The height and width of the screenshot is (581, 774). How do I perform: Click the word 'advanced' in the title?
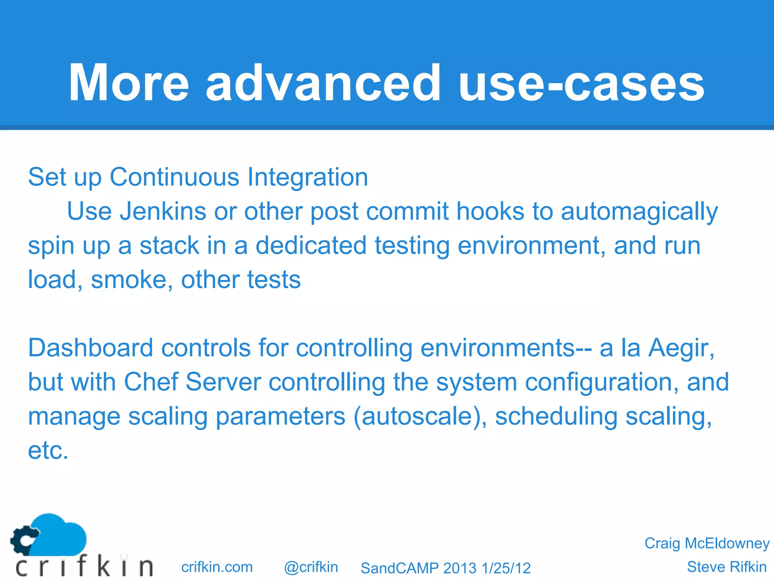(x=323, y=83)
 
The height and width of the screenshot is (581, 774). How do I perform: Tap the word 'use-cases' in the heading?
(x=581, y=83)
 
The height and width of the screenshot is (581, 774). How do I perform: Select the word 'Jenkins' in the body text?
(x=163, y=211)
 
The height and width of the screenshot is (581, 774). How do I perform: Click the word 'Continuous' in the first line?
(x=174, y=177)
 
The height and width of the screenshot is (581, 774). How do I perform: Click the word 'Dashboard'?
(x=90, y=348)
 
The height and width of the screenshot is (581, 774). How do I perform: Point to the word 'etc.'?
(x=48, y=451)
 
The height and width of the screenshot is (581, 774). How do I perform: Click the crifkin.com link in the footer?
(x=217, y=567)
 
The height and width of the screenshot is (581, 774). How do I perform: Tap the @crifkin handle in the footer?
(x=311, y=567)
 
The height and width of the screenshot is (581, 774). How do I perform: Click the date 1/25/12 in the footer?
(x=506, y=568)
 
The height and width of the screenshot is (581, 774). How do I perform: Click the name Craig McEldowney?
(x=707, y=543)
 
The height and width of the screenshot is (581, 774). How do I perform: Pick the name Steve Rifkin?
(x=726, y=567)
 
